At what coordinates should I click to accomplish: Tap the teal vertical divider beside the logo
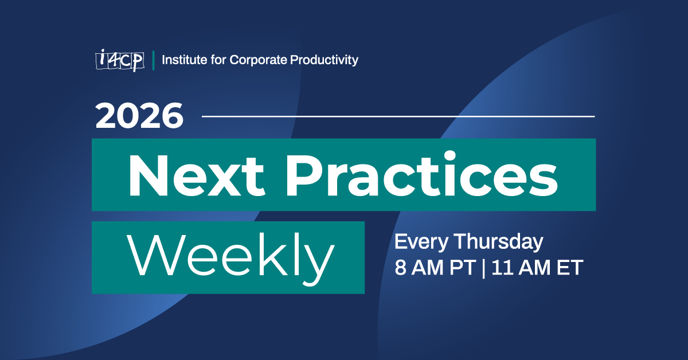tap(153, 60)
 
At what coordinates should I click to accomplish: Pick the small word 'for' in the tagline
tap(216, 60)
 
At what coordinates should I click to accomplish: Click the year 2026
tap(139, 116)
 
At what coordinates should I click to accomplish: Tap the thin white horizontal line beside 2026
tap(398, 116)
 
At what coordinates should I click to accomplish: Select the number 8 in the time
tap(400, 267)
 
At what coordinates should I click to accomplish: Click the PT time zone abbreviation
tap(460, 267)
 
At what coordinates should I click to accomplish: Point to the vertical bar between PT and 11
tap(483, 267)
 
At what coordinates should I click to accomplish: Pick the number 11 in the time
tap(502, 267)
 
